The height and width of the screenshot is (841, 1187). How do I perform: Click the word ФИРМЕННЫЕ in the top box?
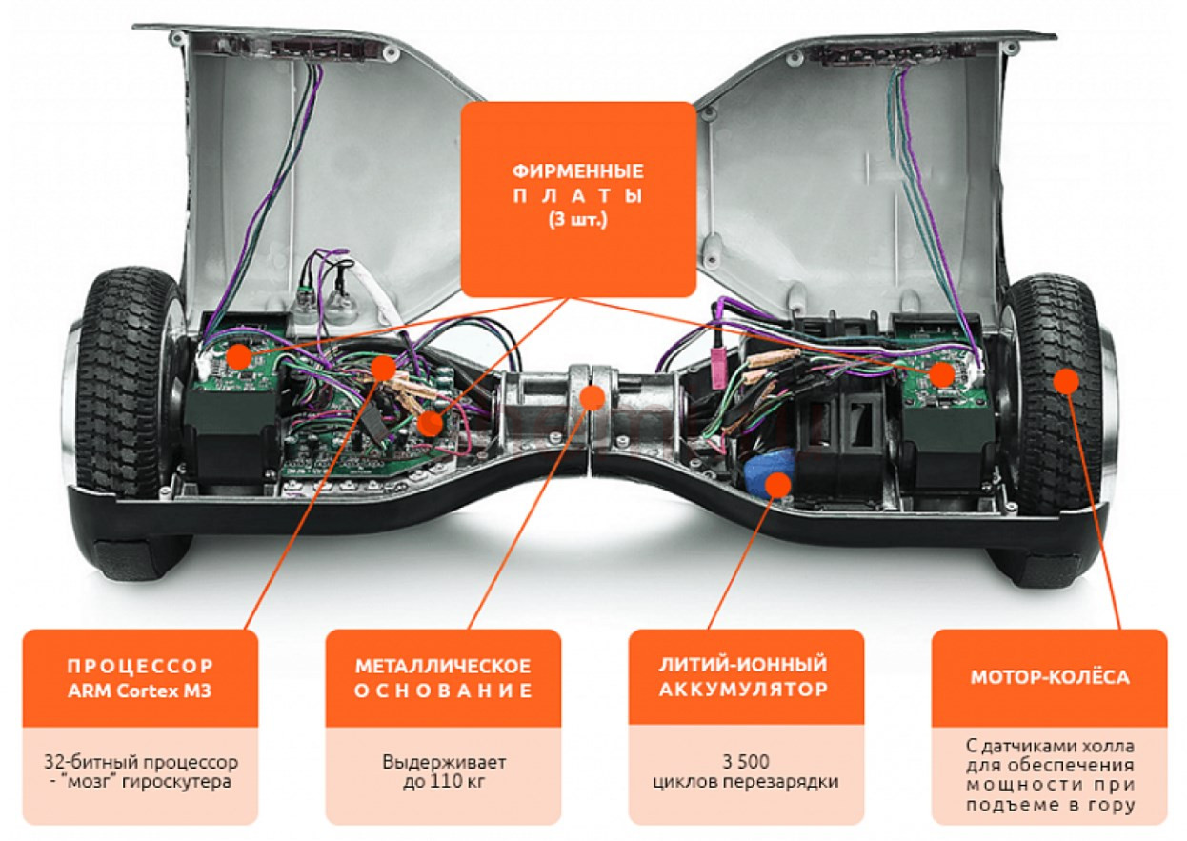coord(578,171)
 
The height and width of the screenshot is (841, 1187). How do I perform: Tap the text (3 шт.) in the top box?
coord(578,219)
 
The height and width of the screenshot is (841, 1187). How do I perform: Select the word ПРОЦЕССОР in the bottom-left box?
coord(140,666)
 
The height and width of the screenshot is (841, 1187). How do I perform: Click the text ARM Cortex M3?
coord(140,691)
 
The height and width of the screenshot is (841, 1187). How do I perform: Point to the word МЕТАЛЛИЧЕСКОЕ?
coord(443,666)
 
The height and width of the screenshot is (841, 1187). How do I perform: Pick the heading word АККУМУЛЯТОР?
coord(743,690)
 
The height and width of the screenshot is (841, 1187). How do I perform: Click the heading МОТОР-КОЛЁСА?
coord(1049,677)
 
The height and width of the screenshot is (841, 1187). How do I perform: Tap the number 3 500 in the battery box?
coord(746,762)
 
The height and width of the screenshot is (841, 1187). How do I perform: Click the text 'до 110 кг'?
coord(444,782)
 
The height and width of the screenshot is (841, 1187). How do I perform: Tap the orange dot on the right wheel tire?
coord(1066,380)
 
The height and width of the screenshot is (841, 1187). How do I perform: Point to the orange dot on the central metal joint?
coord(593,397)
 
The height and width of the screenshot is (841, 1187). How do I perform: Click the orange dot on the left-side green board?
coord(239,356)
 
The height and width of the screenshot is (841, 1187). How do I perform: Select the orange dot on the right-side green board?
coord(941,375)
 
